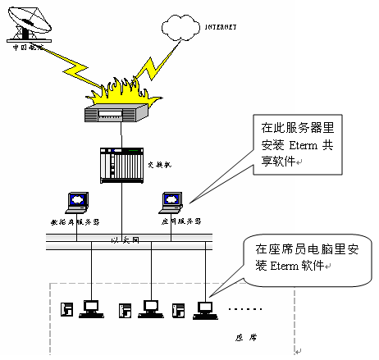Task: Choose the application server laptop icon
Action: point(172,201)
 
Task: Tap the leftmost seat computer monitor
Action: point(92,306)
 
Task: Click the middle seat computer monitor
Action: point(148,306)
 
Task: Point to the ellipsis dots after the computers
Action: point(244,310)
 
